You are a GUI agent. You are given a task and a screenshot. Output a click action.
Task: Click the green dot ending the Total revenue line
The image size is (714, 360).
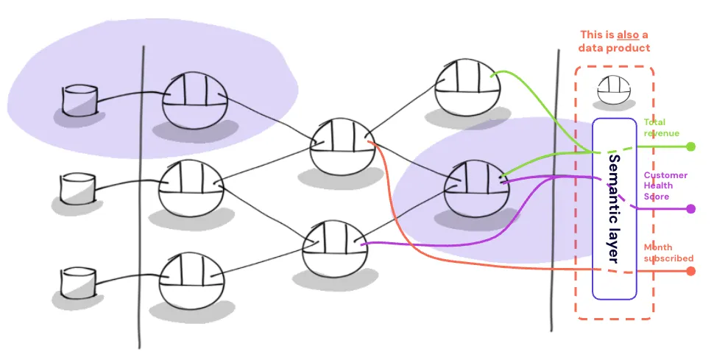click(690, 147)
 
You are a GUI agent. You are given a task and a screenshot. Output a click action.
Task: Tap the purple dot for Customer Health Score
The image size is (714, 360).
click(690, 209)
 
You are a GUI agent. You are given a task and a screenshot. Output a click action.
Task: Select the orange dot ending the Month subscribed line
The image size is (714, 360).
click(690, 271)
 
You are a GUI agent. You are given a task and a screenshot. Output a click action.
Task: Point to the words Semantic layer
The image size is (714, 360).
click(615, 208)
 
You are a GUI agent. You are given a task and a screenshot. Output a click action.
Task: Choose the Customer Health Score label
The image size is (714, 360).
click(665, 186)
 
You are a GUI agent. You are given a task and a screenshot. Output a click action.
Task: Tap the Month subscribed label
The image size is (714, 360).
click(668, 253)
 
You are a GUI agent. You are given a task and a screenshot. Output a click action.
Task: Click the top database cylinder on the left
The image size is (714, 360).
click(79, 100)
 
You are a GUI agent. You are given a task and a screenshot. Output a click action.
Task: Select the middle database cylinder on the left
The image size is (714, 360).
click(77, 188)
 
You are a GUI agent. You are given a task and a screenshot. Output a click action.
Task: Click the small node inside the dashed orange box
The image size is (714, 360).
click(614, 90)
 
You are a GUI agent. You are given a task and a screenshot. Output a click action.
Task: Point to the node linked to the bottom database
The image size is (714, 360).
click(192, 280)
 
